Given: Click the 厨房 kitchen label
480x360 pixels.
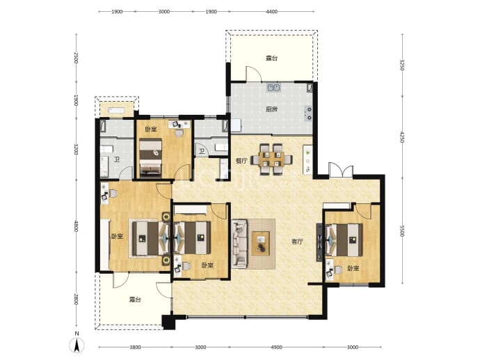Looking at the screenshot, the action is point(271,109).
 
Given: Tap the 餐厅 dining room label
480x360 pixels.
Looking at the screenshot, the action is point(241,160).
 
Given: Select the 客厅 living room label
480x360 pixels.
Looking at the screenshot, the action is point(297,242).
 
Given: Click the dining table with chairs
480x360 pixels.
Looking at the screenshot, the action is point(271,159).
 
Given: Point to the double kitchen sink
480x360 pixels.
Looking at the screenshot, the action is point(274,88).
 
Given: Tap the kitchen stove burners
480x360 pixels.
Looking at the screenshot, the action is point(309,113).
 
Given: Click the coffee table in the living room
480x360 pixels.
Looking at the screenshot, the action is point(260,244).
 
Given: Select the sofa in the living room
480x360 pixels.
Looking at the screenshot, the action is point(239,244).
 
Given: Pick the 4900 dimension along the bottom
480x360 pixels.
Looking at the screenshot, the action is point(276,347).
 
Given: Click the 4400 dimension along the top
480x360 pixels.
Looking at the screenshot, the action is point(271,12).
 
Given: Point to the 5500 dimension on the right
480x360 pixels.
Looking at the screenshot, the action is point(402,231).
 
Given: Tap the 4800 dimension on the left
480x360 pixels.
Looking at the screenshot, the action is point(77,227).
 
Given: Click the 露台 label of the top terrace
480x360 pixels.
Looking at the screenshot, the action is point(271,58).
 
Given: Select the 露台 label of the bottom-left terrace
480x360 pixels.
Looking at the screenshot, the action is point(135,299).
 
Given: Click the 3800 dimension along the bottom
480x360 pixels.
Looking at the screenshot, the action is point(135,347).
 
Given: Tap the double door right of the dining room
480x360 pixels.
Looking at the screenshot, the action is point(341,171).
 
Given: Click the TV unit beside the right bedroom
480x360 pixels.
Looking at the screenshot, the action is point(319,242).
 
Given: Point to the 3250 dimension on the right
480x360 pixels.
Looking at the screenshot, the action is point(402,65).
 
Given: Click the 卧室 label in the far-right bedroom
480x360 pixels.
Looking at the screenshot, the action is point(353,268).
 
